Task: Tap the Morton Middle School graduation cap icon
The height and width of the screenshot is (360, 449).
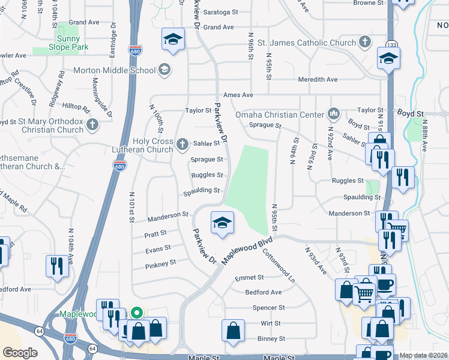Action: [x=164, y=70]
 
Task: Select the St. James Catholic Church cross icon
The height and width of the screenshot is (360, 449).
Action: [x=364, y=43]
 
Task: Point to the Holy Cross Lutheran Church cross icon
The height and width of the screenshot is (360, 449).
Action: [x=183, y=144]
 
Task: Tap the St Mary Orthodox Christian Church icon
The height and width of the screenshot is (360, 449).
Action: [x=91, y=125]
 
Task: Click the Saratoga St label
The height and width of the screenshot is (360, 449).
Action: [x=218, y=13]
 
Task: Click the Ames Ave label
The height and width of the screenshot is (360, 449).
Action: [x=238, y=95]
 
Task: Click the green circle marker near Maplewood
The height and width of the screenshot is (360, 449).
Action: [x=136, y=313]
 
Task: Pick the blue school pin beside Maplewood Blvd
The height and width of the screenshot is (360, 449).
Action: [x=221, y=223]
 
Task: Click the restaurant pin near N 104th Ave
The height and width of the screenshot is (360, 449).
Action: [x=57, y=265]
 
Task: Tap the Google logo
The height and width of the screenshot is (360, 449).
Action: [x=20, y=353]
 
